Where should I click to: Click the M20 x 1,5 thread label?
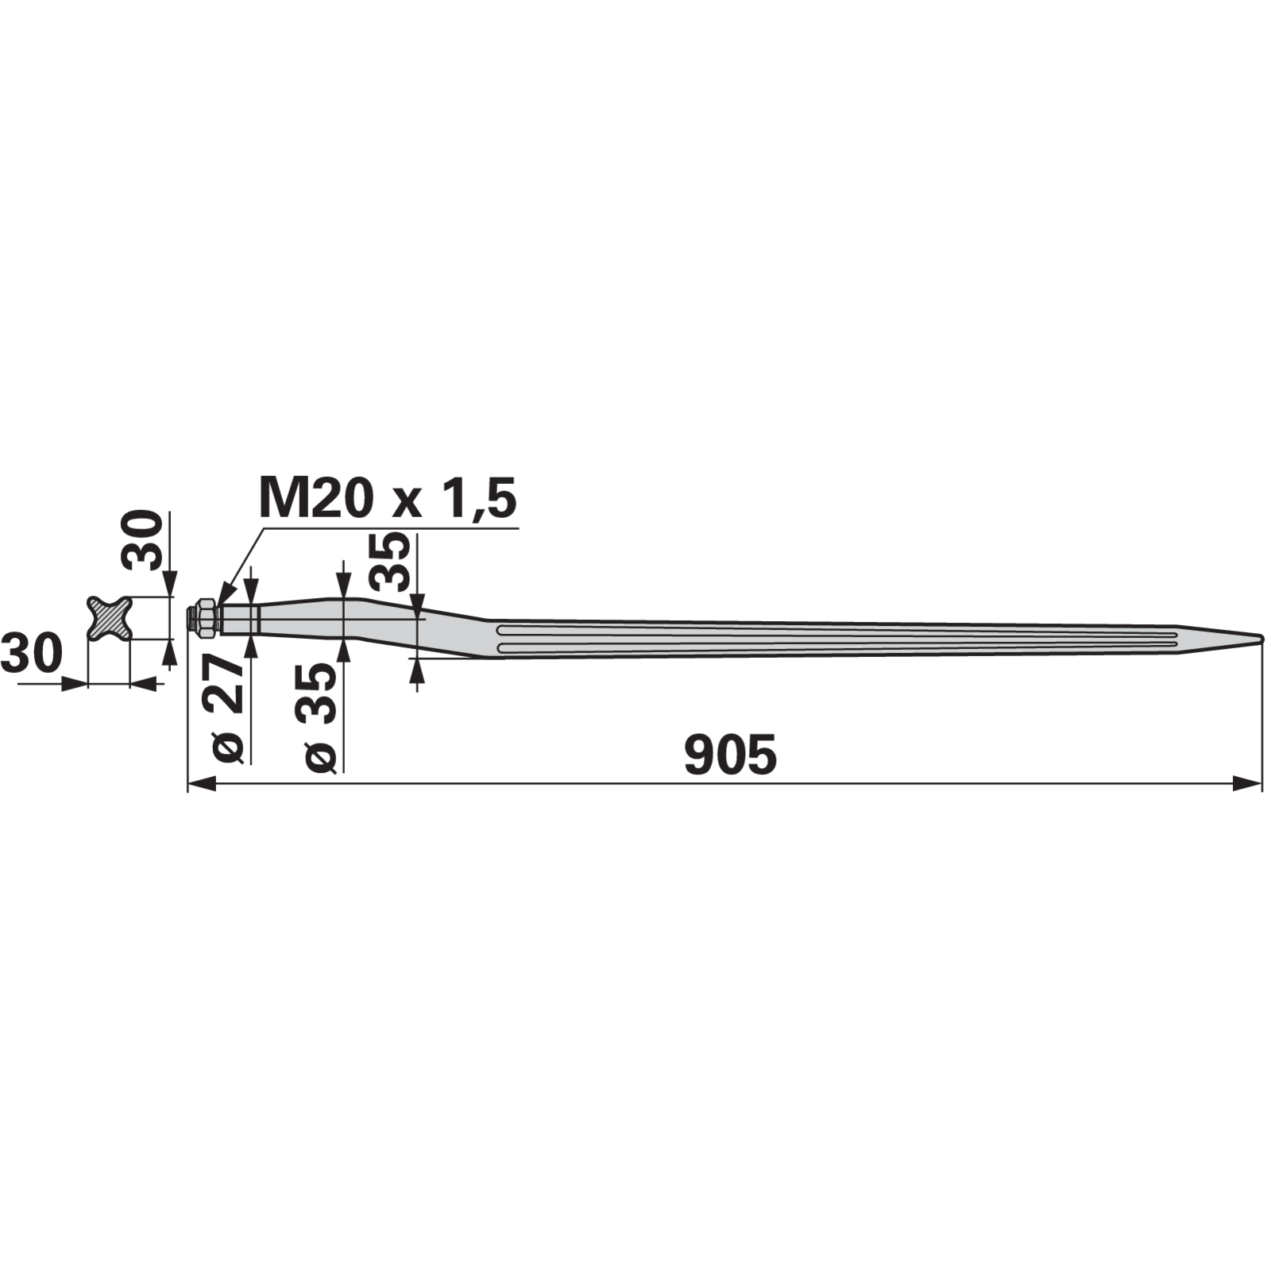[x=388, y=499]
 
